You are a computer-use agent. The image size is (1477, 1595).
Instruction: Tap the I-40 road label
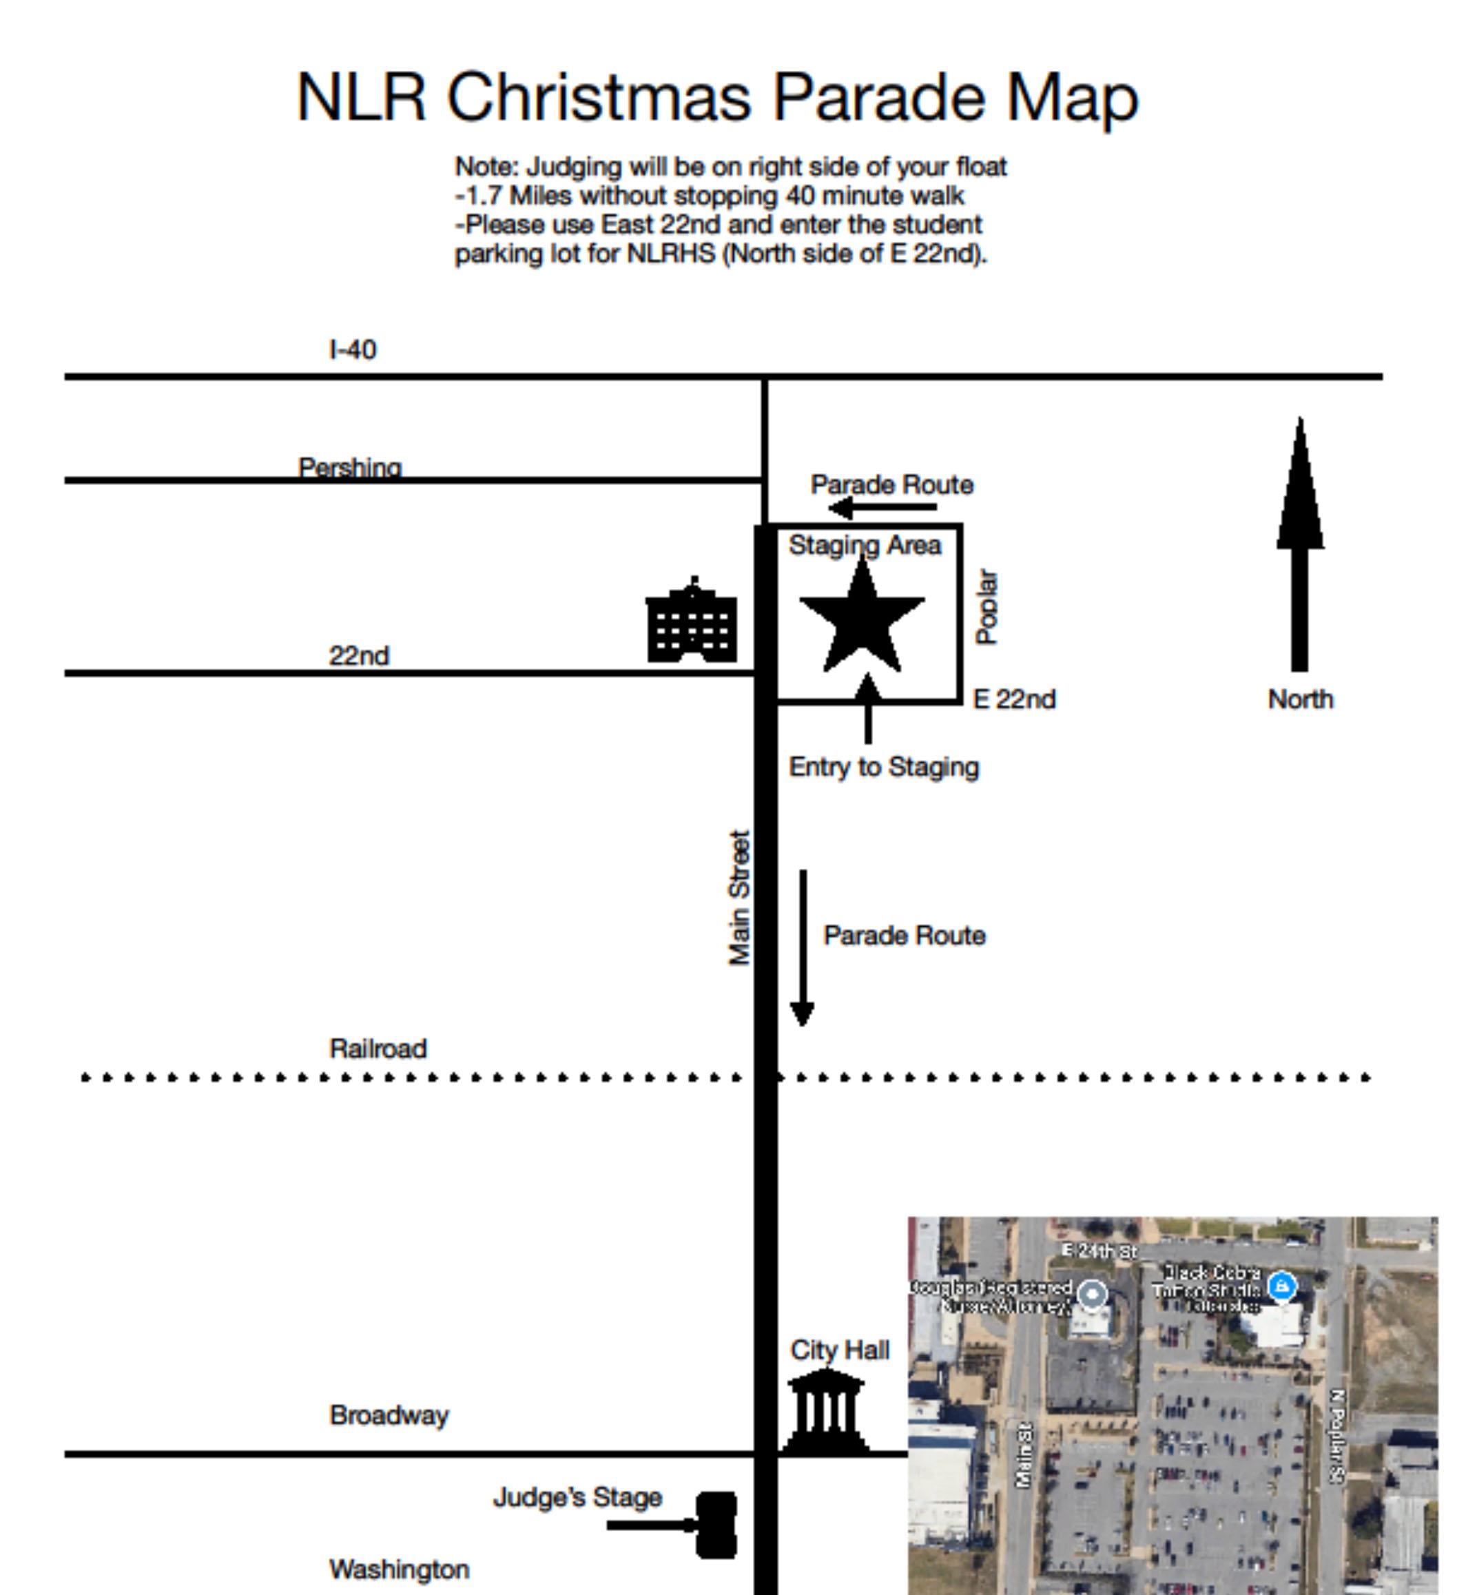pyautogui.click(x=353, y=349)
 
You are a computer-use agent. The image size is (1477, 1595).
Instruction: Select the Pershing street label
pyautogui.click(x=349, y=467)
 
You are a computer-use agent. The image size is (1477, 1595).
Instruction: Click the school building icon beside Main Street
pyautogui.click(x=692, y=622)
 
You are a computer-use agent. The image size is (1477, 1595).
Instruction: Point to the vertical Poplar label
pyautogui.click(x=987, y=607)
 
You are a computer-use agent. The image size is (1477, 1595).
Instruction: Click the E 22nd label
pyautogui.click(x=1014, y=699)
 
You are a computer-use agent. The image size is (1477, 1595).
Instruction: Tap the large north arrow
pyautogui.click(x=1299, y=544)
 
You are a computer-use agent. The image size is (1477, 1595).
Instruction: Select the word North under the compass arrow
pyautogui.click(x=1301, y=699)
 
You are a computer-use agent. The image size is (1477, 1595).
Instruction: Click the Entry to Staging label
pyautogui.click(x=884, y=767)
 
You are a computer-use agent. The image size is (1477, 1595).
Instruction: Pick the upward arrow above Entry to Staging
pyautogui.click(x=868, y=708)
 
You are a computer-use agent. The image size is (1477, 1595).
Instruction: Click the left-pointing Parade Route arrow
pyautogui.click(x=882, y=507)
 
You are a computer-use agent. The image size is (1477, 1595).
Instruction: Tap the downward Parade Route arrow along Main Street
pyautogui.click(x=803, y=947)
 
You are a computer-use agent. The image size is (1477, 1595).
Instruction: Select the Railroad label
pyautogui.click(x=378, y=1048)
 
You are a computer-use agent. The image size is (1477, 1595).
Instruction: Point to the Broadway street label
pyautogui.click(x=389, y=1415)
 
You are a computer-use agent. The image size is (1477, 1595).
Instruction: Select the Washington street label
pyautogui.click(x=399, y=1570)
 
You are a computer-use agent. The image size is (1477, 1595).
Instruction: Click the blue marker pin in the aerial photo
pyautogui.click(x=1281, y=1286)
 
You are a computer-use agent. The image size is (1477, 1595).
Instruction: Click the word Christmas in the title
pyautogui.click(x=599, y=98)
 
